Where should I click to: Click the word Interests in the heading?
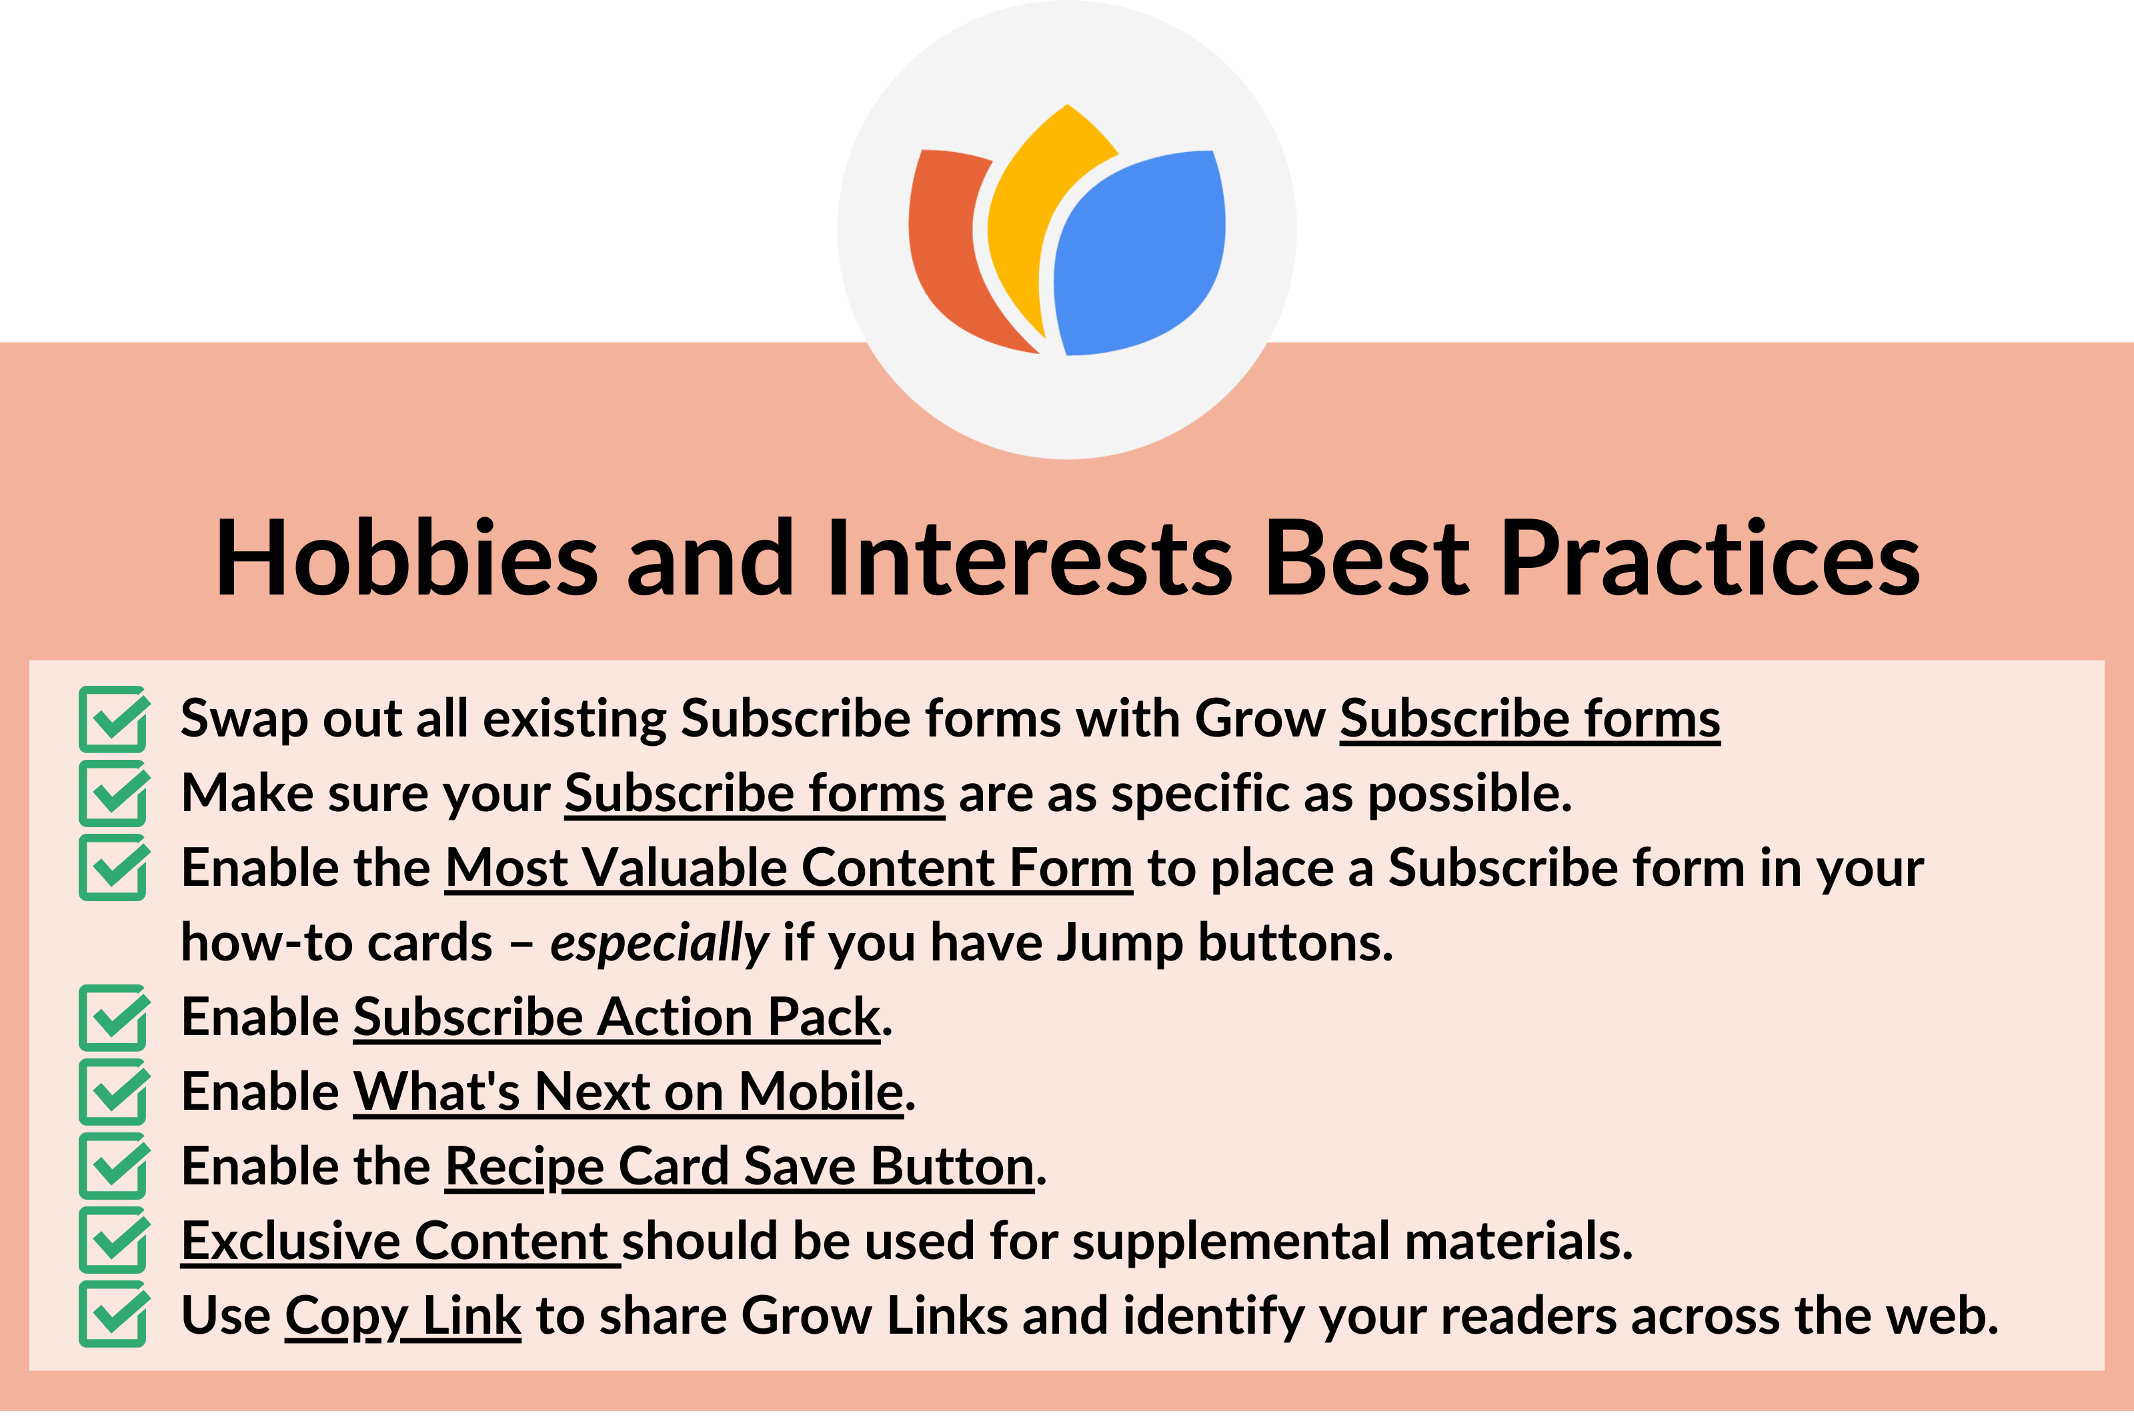[1029, 559]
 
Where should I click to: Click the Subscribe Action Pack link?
[616, 1017]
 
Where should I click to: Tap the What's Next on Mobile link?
[628, 1091]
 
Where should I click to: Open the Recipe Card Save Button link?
[739, 1166]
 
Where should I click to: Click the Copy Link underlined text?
[403, 1316]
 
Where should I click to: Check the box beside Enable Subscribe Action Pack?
[113, 1018]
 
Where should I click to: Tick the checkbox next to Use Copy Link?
[113, 1316]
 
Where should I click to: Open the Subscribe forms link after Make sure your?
[754, 794]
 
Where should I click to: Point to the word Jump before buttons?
[1120, 943]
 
